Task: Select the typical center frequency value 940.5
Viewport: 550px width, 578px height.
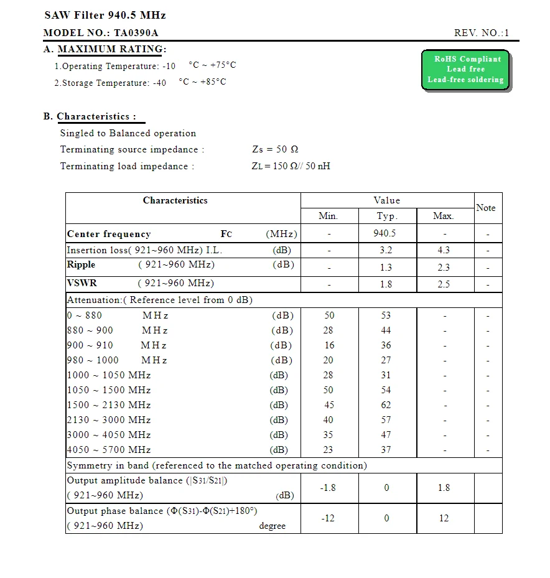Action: point(385,233)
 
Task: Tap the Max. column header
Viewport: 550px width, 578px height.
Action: point(444,216)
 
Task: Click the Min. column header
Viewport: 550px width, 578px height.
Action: point(328,216)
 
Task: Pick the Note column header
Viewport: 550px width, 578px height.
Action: point(485,208)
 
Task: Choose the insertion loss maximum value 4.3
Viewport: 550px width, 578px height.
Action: point(444,250)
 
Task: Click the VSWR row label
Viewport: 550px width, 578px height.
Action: point(82,283)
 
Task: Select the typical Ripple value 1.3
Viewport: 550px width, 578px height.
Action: point(386,267)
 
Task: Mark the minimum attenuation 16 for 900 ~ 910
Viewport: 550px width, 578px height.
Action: point(329,345)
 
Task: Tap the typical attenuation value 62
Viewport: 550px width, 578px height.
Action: point(386,405)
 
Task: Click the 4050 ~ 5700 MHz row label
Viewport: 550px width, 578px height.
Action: point(109,450)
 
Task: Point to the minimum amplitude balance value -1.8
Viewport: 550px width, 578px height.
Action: point(328,488)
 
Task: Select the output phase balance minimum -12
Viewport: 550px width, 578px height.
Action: point(328,518)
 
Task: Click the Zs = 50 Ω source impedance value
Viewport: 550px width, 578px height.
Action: point(275,149)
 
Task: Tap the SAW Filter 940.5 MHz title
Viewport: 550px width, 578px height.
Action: point(105,15)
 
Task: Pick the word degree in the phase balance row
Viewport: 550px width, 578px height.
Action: point(273,526)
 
